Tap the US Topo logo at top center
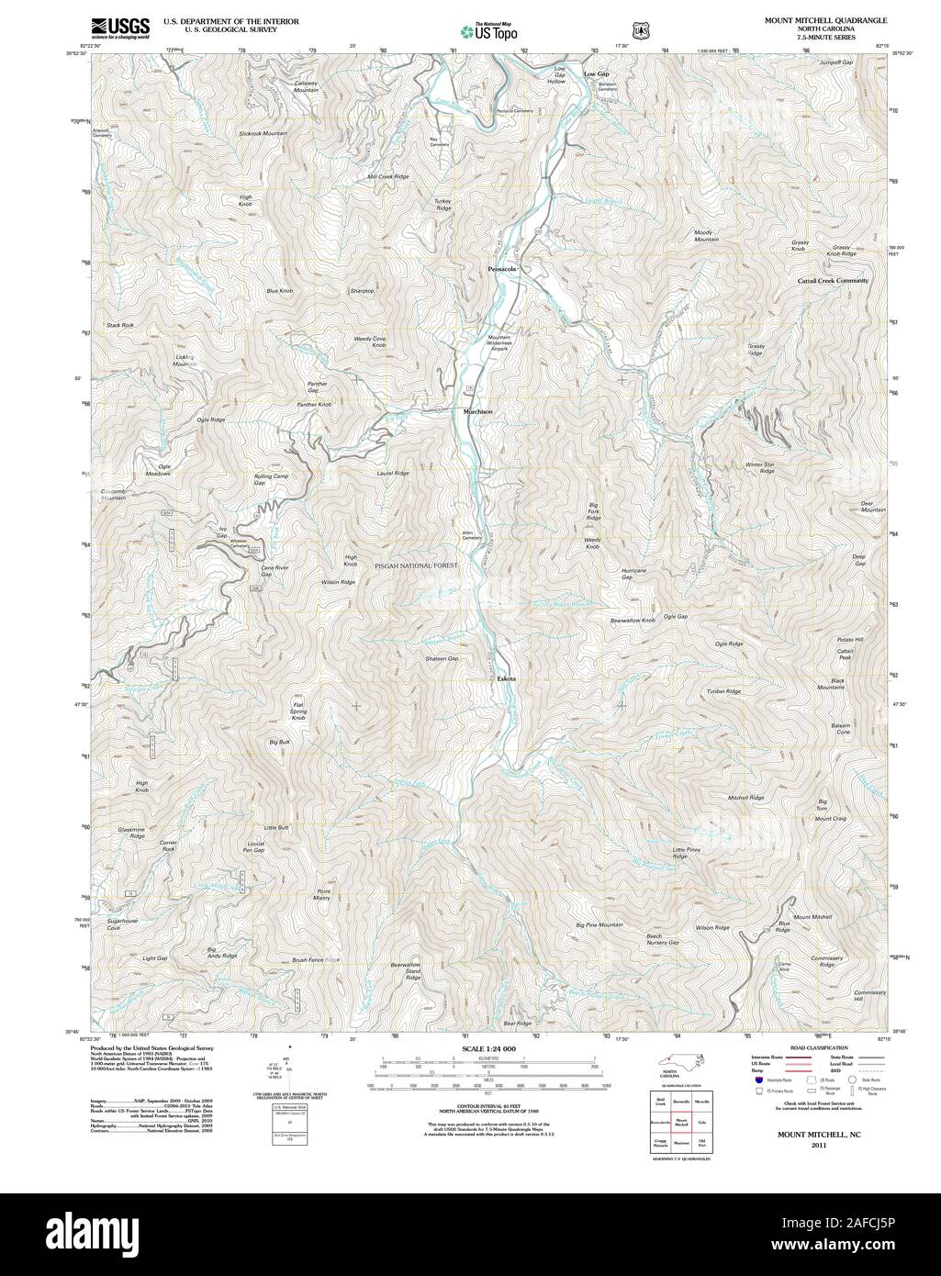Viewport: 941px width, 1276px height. click(x=489, y=31)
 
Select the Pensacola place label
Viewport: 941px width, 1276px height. click(x=502, y=269)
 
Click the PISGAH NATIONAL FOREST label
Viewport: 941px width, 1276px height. click(x=415, y=566)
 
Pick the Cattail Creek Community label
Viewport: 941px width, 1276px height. click(x=833, y=280)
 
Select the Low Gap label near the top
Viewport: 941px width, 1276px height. click(x=597, y=73)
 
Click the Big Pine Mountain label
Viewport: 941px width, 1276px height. click(x=599, y=924)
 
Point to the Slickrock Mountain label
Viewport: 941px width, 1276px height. click(x=263, y=134)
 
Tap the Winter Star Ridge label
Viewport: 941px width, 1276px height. click(x=760, y=467)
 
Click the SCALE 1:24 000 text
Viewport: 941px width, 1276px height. click(x=489, y=1048)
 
